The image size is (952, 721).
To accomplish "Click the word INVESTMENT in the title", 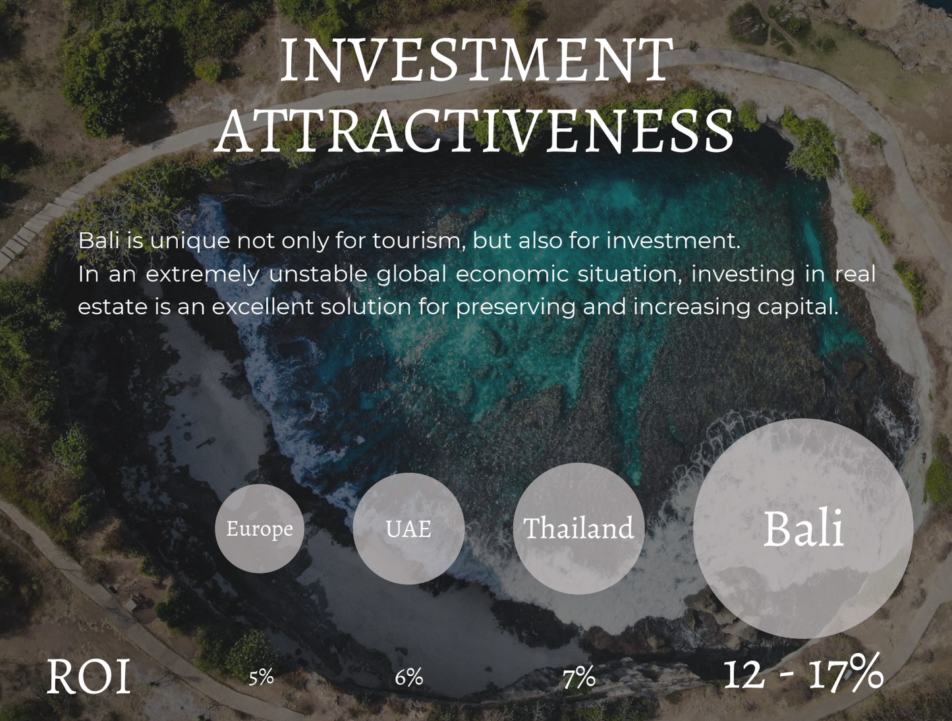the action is tap(476, 60).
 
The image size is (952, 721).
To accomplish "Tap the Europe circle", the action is tap(260, 529).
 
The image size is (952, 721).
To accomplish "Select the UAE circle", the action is tap(408, 529).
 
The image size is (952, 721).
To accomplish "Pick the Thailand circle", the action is tap(578, 529).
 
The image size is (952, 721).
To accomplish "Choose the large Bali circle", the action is tap(803, 529).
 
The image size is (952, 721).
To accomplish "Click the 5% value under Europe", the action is tap(261, 678).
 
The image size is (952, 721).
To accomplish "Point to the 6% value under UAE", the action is tap(408, 678).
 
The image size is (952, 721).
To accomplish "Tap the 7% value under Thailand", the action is tap(579, 678).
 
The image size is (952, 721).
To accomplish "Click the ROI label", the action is tap(88, 676).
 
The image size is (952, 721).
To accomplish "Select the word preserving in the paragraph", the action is tap(515, 308).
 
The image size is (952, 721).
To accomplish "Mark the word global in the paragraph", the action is tap(412, 275).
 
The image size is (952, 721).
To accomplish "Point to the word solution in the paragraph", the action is tap(366, 307).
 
